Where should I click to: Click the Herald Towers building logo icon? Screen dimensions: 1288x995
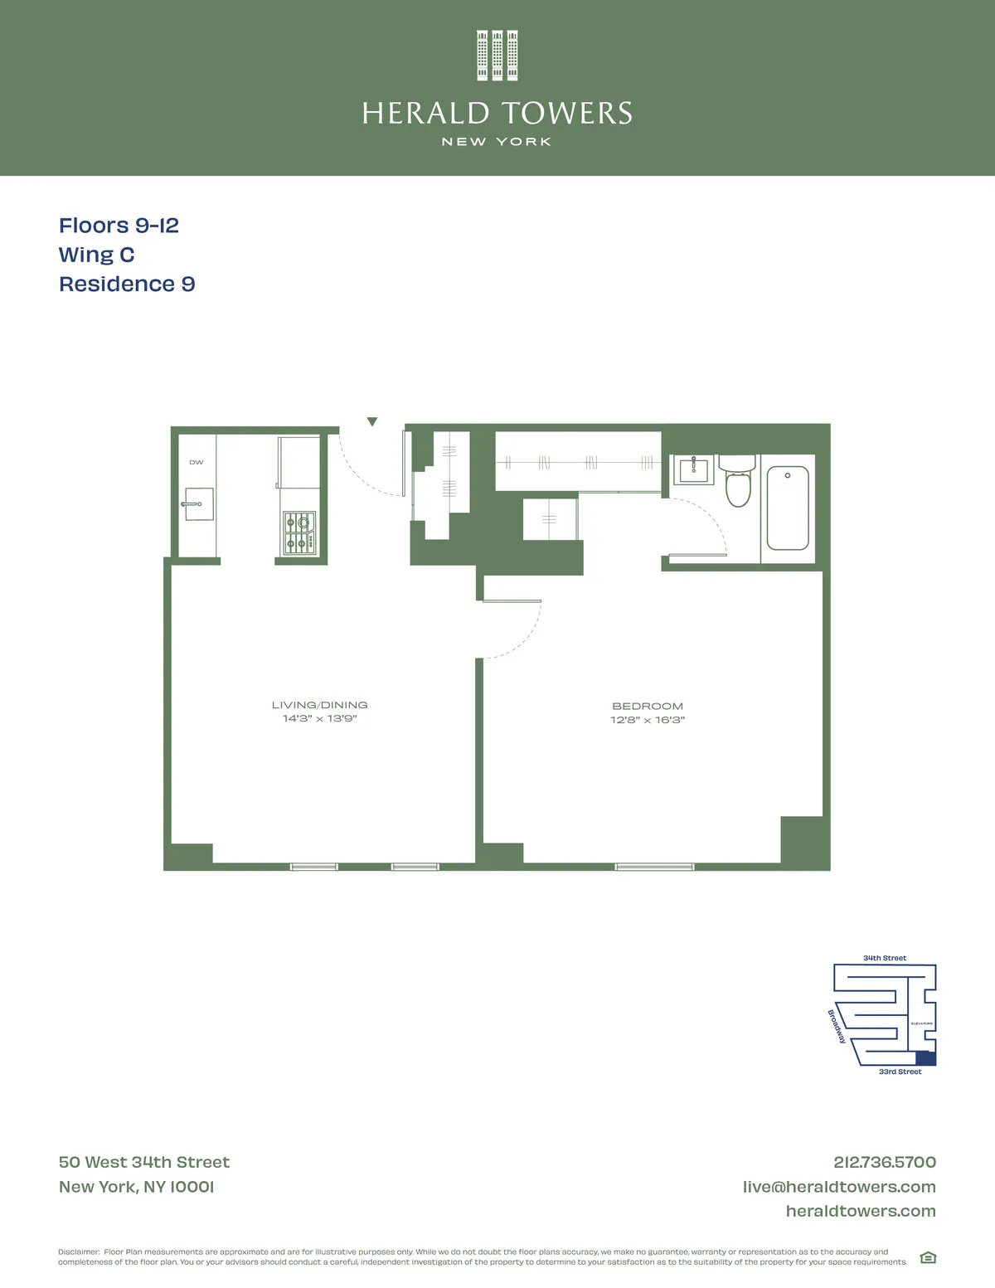[x=498, y=56]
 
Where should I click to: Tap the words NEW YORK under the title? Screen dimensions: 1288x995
[x=497, y=142]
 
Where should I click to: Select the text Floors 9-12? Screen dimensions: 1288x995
[x=119, y=226]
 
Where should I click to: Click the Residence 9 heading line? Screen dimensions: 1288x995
[x=127, y=284]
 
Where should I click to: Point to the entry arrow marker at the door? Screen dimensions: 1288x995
[x=372, y=421]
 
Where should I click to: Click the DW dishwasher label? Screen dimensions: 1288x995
[x=197, y=462]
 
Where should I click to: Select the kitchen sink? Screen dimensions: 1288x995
[x=199, y=503]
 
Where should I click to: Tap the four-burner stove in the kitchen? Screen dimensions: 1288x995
[x=299, y=532]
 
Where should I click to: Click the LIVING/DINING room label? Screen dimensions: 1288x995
[x=319, y=705]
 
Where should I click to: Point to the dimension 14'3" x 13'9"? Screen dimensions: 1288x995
[x=319, y=718]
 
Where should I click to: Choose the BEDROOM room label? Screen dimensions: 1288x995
[x=648, y=706]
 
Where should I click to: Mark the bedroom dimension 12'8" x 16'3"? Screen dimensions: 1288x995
[x=648, y=720]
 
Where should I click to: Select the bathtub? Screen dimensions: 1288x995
[x=788, y=508]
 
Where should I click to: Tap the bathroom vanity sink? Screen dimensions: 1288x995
[x=693, y=470]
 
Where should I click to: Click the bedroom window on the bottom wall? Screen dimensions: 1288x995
[x=654, y=867]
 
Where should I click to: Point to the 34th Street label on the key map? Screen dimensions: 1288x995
[x=885, y=958]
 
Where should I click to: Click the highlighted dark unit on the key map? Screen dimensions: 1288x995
[x=925, y=1058]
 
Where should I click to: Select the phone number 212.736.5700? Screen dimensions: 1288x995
[x=885, y=1162]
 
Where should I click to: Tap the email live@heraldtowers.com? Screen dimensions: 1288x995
[x=839, y=1187]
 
